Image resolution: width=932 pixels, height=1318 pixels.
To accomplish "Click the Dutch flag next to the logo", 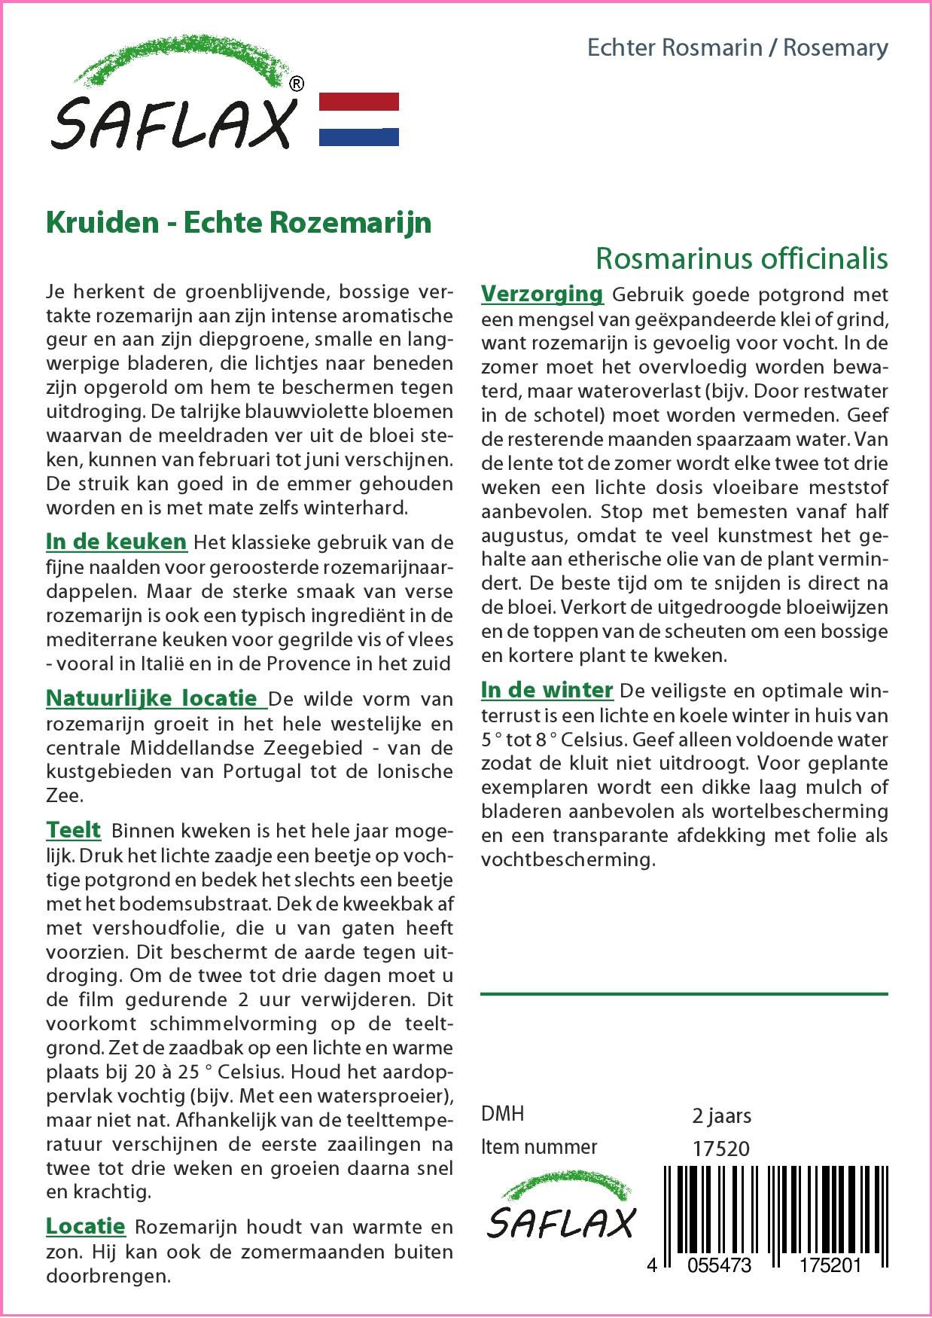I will pos(359,119).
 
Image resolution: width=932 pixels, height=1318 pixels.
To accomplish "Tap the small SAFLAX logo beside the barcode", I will pos(561,1213).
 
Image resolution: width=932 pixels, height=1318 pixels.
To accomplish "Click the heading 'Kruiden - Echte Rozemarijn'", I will pos(239,223).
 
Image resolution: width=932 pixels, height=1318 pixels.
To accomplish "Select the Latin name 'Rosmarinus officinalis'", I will pos(741,258).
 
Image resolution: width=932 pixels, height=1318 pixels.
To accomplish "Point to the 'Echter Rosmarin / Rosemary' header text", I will pos(737,48).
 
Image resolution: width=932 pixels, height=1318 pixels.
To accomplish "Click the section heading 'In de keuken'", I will pos(116,542).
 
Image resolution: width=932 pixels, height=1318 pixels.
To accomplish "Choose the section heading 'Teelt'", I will pos(73,831).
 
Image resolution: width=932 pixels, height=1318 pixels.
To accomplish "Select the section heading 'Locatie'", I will pos(85,1227).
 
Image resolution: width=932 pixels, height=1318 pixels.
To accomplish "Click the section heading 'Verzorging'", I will pos(542,294).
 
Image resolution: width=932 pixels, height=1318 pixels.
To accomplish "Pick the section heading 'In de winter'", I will pos(547,690).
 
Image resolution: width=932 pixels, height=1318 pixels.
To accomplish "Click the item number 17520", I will pos(720,1149).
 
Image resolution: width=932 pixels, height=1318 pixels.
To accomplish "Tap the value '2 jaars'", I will pos(721,1115).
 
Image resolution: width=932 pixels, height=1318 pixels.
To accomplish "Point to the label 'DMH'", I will pos(502,1114).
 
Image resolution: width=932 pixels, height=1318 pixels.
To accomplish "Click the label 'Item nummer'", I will pos(539,1147).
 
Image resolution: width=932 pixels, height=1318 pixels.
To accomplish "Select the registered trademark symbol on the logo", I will pos(297,84).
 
